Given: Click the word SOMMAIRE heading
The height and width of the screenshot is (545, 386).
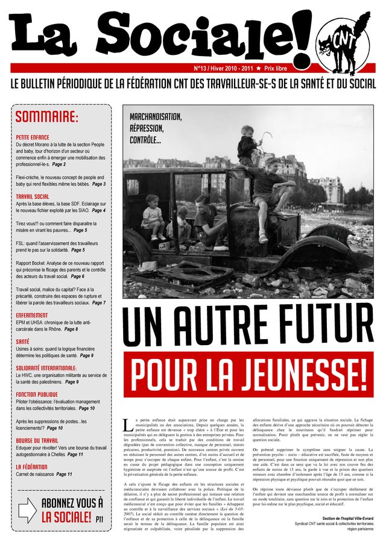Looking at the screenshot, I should pyautogui.click(x=46, y=117).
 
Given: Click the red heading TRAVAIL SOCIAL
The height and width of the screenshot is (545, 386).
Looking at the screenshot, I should pyautogui.click(x=33, y=196).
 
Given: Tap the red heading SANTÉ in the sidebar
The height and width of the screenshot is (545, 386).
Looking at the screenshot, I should pyautogui.click(x=23, y=341).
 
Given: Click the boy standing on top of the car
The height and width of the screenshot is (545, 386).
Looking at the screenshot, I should pyautogui.click(x=247, y=145).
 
